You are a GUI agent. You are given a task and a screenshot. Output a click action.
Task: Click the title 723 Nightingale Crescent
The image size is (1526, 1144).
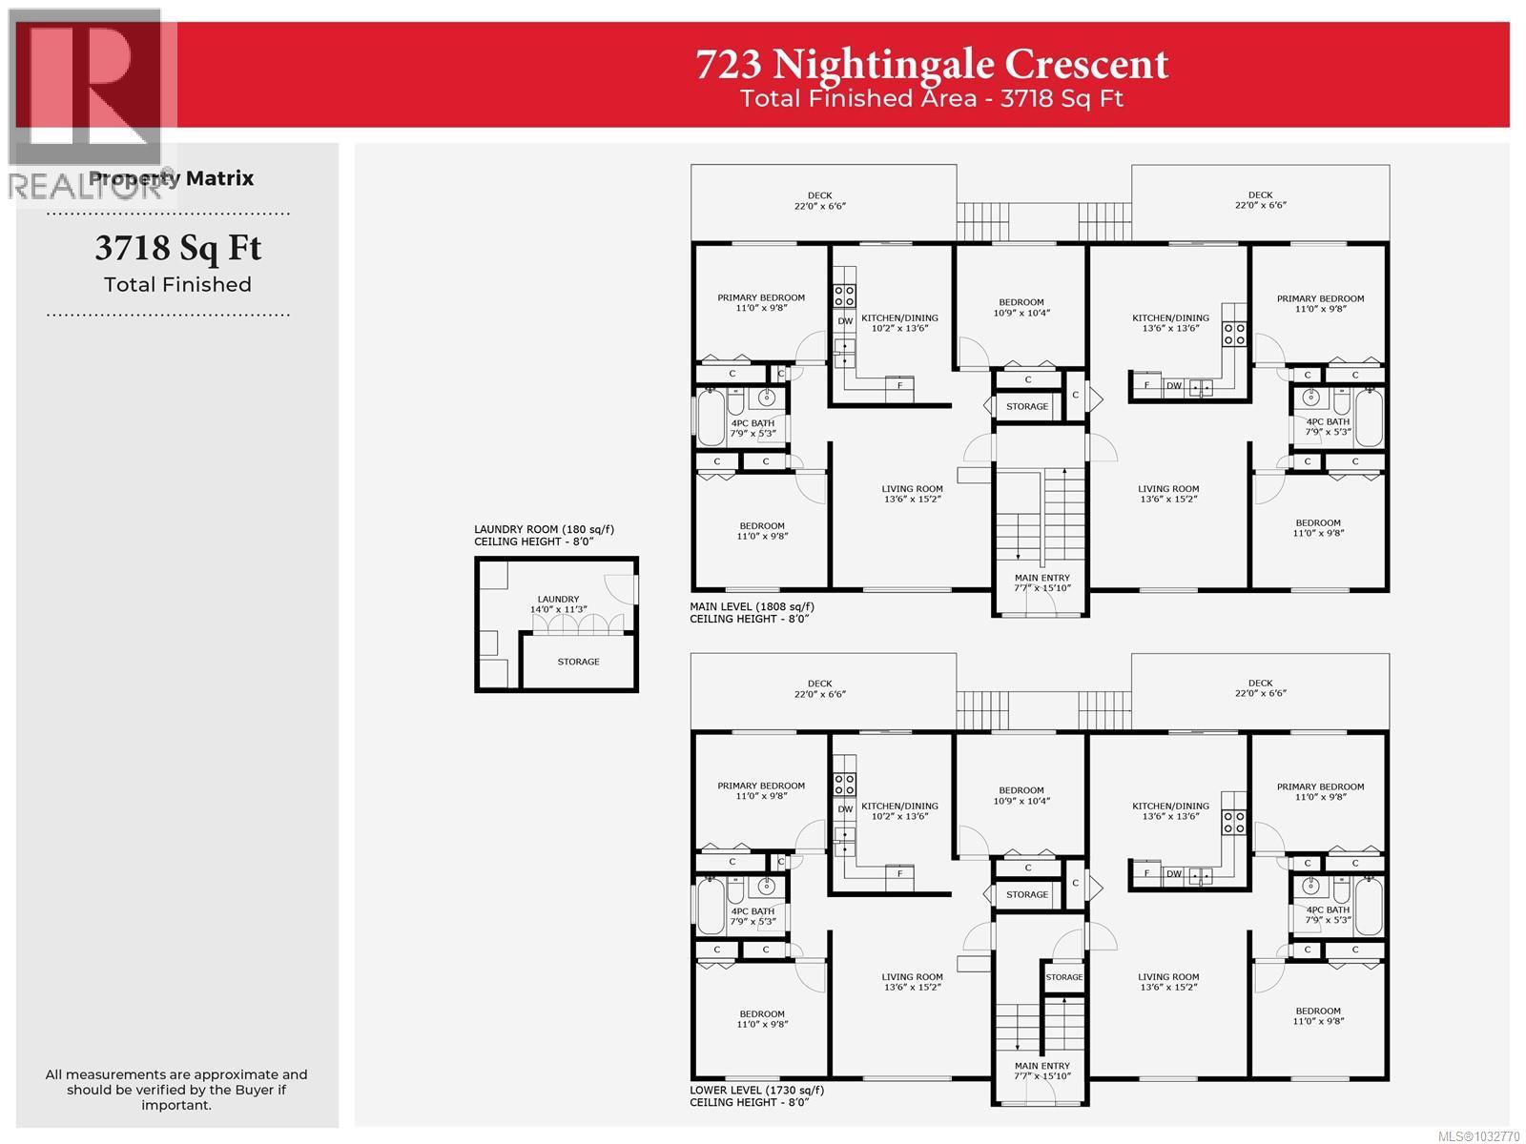click(931, 65)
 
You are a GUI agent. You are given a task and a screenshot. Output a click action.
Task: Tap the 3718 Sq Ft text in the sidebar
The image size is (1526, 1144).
click(177, 249)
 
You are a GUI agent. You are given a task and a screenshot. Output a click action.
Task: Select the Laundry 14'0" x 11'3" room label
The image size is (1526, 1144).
click(558, 604)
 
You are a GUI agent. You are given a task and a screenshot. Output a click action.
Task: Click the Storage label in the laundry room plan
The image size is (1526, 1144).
click(578, 662)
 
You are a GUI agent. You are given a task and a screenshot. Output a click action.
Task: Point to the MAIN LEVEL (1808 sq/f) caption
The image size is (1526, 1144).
click(752, 606)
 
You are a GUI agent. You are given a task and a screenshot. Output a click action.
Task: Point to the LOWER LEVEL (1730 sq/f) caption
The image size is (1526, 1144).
click(756, 1090)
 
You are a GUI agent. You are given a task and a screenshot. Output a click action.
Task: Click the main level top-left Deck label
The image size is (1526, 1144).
click(819, 200)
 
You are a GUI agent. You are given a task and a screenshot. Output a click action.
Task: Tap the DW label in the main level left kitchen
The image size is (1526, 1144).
click(845, 321)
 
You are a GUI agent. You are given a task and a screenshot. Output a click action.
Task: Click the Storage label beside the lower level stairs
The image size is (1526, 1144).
click(1063, 977)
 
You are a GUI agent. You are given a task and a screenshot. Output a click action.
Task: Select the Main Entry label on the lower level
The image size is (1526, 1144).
click(1041, 1071)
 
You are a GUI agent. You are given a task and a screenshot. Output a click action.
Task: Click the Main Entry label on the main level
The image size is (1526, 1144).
click(1041, 582)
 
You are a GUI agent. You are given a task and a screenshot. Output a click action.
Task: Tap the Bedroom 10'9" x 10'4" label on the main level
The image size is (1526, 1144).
click(1021, 307)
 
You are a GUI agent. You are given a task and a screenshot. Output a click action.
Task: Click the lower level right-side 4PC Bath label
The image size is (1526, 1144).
click(1328, 915)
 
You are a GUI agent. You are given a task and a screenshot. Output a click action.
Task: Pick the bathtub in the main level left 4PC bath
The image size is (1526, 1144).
click(711, 421)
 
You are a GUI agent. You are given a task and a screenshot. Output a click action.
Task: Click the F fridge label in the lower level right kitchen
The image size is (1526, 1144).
click(1146, 874)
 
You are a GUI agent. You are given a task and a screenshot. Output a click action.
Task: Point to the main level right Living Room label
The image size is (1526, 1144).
click(1167, 493)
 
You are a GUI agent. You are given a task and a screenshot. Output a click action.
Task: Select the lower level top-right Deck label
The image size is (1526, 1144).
click(1260, 687)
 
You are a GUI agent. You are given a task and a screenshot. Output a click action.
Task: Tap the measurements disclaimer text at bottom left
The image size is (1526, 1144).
click(176, 1090)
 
